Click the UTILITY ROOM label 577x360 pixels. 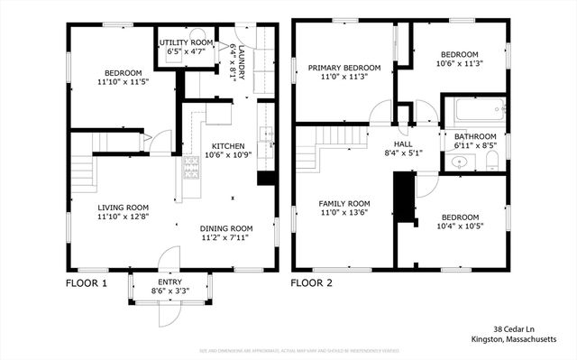pyautogui.click(x=187, y=42)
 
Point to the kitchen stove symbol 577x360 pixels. pyautogui.click(x=191, y=165)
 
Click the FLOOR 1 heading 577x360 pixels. pyautogui.click(x=86, y=282)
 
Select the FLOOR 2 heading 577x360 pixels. pyautogui.click(x=312, y=282)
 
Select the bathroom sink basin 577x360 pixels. pyautogui.click(x=459, y=163)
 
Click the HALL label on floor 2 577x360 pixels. pyautogui.click(x=403, y=143)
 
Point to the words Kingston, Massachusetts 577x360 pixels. pyautogui.click(x=514, y=339)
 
